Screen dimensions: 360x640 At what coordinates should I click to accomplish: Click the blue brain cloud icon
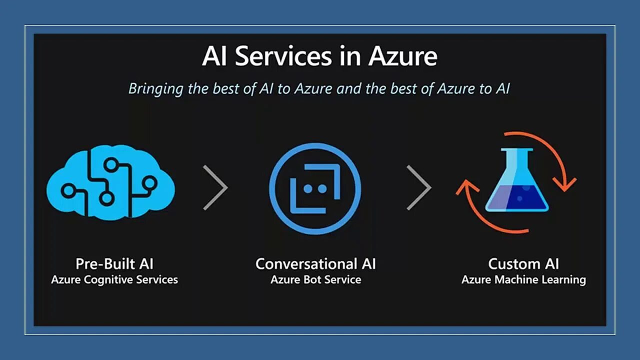pyautogui.click(x=110, y=185)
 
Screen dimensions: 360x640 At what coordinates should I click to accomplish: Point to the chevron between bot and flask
pyautogui.click(x=419, y=187)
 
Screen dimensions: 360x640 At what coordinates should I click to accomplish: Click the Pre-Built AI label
pyautogui.click(x=114, y=263)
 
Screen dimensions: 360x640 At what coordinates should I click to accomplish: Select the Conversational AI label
pyautogui.click(x=315, y=263)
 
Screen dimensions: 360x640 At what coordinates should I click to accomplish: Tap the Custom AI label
pyautogui.click(x=523, y=263)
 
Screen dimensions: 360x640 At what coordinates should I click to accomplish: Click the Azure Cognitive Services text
pyautogui.click(x=114, y=279)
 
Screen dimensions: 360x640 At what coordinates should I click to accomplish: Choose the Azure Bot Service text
pyautogui.click(x=315, y=279)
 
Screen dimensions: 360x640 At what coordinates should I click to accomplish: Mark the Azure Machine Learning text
pyautogui.click(x=523, y=279)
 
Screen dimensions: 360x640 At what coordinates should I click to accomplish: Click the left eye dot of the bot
pyautogui.click(x=308, y=188)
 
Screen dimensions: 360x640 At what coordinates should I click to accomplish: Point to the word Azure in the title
pyautogui.click(x=403, y=56)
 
